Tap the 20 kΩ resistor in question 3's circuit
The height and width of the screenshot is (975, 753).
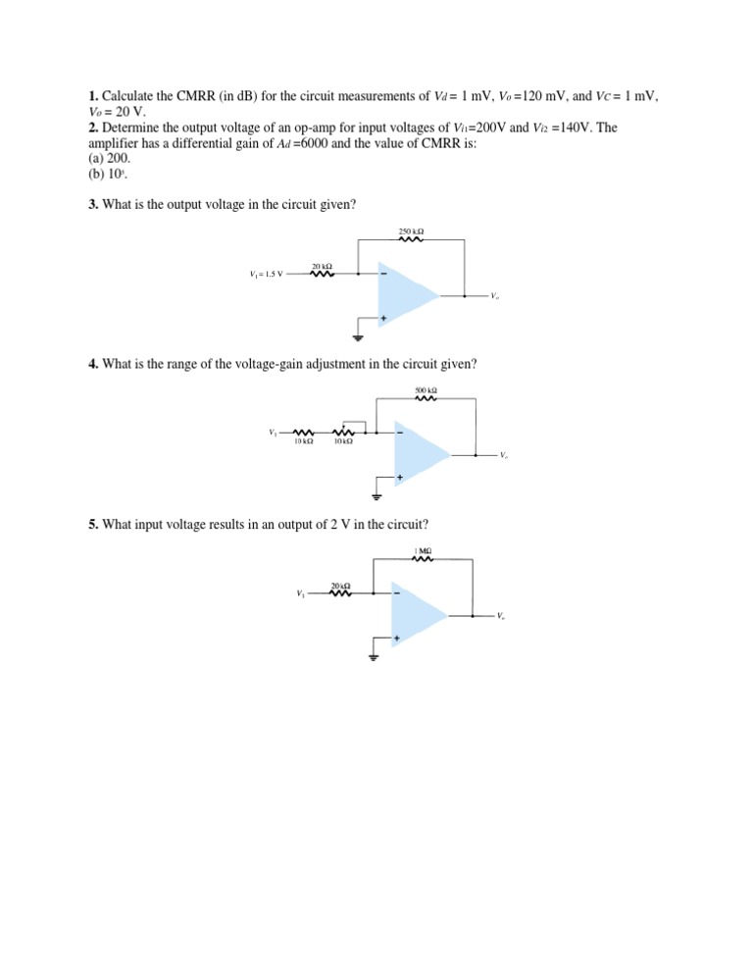click(323, 274)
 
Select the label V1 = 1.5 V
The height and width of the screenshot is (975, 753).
click(267, 274)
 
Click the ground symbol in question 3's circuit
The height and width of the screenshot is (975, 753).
click(359, 338)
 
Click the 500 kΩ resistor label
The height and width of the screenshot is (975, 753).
click(426, 390)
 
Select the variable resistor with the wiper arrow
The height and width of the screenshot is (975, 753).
click(344, 432)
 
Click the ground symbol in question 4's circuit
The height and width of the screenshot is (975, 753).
click(375, 496)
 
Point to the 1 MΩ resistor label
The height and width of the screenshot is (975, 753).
click(423, 551)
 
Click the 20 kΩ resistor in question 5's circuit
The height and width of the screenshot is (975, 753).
click(341, 592)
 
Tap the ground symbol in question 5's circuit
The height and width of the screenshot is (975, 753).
click(373, 657)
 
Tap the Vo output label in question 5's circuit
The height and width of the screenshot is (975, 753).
click(500, 616)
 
